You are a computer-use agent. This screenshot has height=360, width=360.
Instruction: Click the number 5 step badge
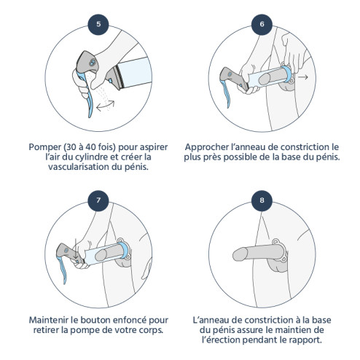point(98,24)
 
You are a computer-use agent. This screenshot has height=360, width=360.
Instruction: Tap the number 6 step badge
point(262,24)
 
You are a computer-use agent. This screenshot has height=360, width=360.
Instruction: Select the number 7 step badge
point(98,200)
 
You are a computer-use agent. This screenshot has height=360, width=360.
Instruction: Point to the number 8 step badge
point(262,200)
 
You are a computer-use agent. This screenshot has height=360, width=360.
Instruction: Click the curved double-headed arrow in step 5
point(106,105)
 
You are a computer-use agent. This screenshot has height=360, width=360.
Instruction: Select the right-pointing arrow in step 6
point(303,77)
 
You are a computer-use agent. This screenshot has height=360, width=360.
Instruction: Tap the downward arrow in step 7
point(76,248)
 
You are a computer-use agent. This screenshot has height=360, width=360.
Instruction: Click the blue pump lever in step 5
point(86,93)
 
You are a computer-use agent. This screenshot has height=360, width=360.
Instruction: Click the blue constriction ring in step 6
point(287,74)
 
